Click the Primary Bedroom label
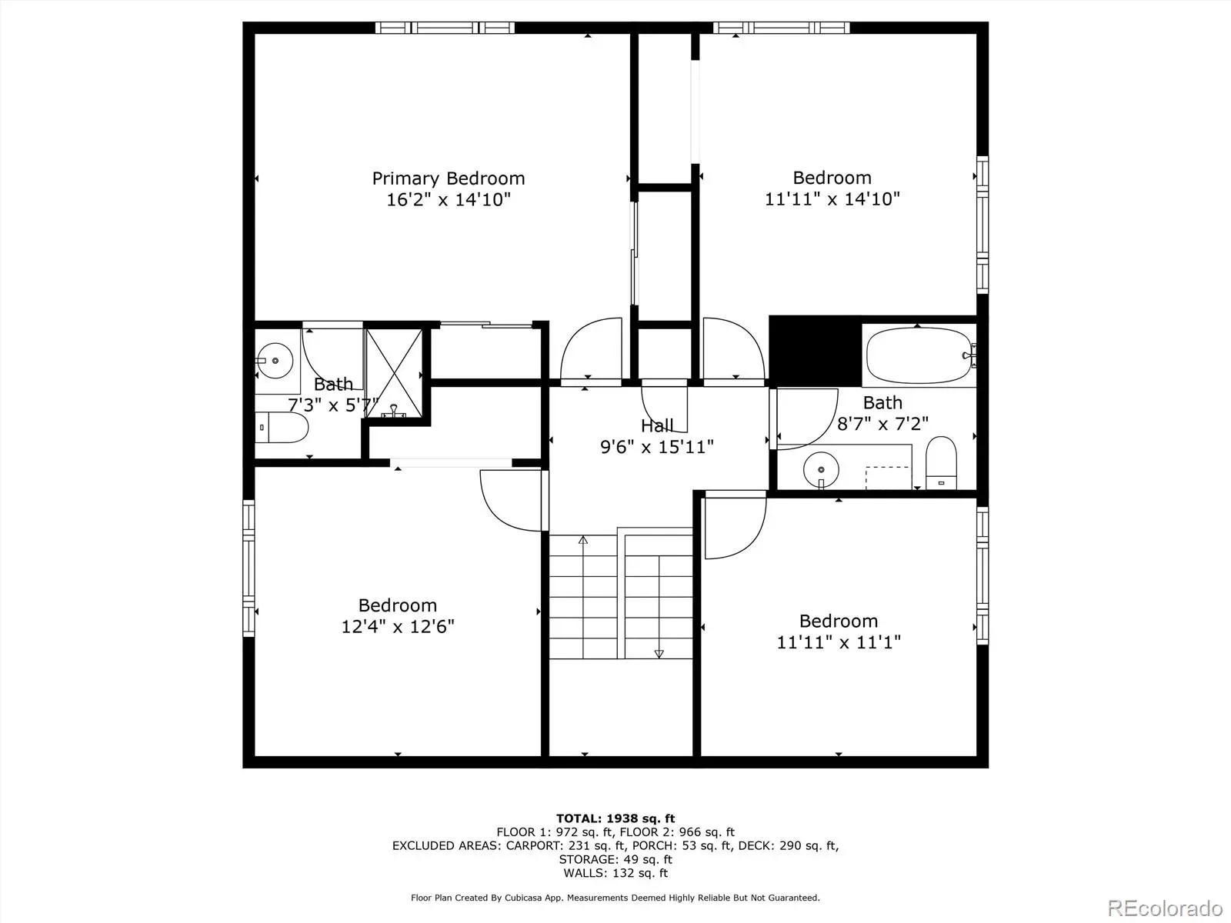(448, 178)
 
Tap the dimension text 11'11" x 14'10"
(832, 199)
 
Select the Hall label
(657, 426)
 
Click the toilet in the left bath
(282, 428)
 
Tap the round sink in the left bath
(275, 360)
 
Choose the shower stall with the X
(394, 373)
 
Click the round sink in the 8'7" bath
(821, 470)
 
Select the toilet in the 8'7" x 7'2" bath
(941, 463)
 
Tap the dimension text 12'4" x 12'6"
(398, 627)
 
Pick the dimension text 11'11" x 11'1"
(839, 642)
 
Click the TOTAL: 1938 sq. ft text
(615, 818)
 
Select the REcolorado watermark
(1165, 908)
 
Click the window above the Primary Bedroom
(445, 28)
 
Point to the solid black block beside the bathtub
(815, 352)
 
